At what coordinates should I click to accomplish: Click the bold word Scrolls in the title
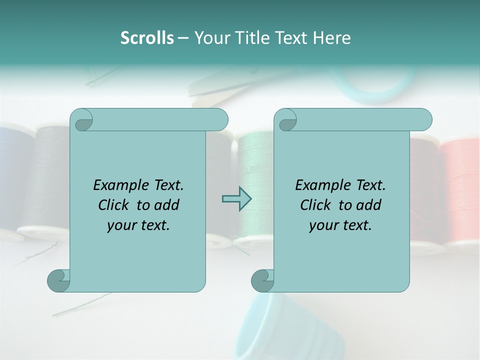[147, 38]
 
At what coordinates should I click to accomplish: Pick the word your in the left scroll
[119, 225]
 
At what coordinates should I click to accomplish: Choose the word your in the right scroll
[321, 225]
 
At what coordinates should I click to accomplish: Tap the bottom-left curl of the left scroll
[58, 280]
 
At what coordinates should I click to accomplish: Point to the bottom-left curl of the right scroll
[262, 280]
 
